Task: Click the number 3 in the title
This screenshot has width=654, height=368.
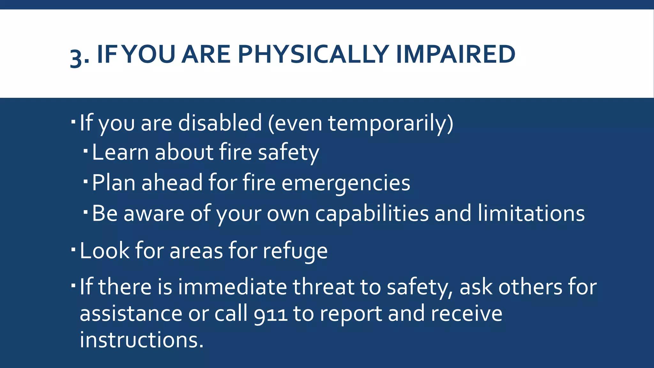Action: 76,57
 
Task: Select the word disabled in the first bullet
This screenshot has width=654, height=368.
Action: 220,123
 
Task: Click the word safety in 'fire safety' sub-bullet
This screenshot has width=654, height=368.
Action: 288,153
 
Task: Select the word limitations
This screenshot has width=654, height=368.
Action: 531,213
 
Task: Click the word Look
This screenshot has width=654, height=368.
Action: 104,251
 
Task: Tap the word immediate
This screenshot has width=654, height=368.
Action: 232,287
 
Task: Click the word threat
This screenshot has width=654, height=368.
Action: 323,287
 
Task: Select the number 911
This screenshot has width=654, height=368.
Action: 270,314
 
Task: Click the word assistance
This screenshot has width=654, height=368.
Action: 131,314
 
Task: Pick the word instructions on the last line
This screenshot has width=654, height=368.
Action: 141,340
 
